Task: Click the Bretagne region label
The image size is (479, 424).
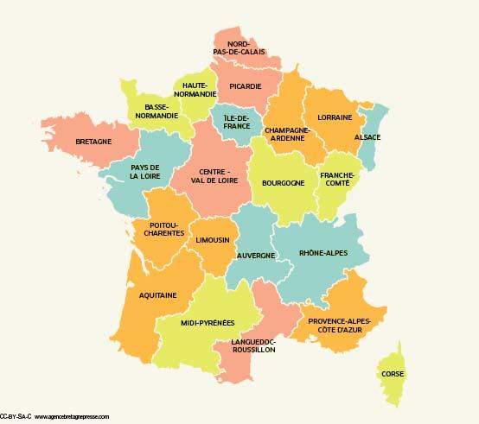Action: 93,141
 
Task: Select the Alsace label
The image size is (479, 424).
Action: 367,137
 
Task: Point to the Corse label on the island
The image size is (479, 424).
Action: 392,374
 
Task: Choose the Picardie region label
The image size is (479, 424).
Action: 246,85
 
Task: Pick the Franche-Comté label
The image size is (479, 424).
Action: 337,179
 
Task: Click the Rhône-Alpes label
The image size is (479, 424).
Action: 323,254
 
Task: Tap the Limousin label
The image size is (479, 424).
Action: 212,239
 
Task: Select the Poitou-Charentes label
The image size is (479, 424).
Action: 159,228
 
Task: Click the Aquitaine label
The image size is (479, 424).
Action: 157,295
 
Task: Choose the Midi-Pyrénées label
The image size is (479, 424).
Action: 208,323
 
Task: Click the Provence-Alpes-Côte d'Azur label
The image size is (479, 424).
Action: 339,326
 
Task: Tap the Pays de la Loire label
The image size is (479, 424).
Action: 144,171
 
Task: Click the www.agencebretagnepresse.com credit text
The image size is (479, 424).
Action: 72,416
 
